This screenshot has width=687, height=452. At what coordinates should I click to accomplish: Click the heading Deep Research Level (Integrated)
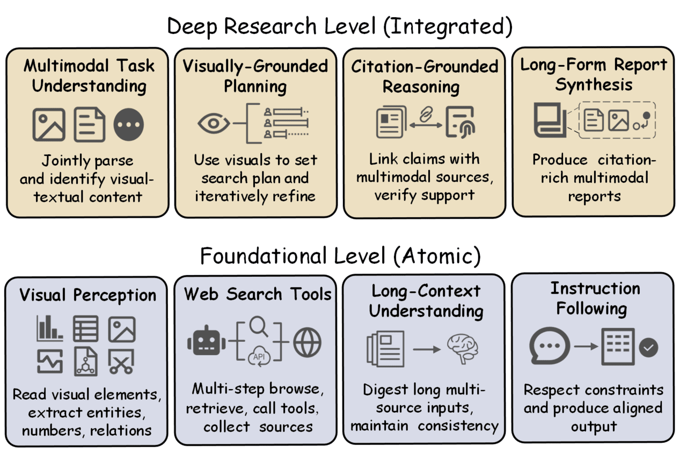[x=340, y=26]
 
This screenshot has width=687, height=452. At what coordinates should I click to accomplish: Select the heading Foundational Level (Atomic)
[x=340, y=256]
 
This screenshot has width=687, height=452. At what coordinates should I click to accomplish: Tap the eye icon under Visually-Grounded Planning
[x=214, y=124]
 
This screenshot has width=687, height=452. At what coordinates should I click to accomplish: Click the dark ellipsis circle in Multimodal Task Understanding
[x=129, y=125]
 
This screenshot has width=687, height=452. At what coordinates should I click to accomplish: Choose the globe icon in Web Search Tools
[x=307, y=342]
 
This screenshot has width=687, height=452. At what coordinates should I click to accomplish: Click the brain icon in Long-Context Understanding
[x=462, y=348]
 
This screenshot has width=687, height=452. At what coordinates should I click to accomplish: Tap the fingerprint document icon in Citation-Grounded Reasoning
[x=461, y=123]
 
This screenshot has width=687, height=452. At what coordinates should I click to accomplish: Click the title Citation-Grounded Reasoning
[x=425, y=76]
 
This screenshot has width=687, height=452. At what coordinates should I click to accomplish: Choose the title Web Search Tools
[x=258, y=294]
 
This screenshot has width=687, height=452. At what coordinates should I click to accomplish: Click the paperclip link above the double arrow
[x=427, y=115]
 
